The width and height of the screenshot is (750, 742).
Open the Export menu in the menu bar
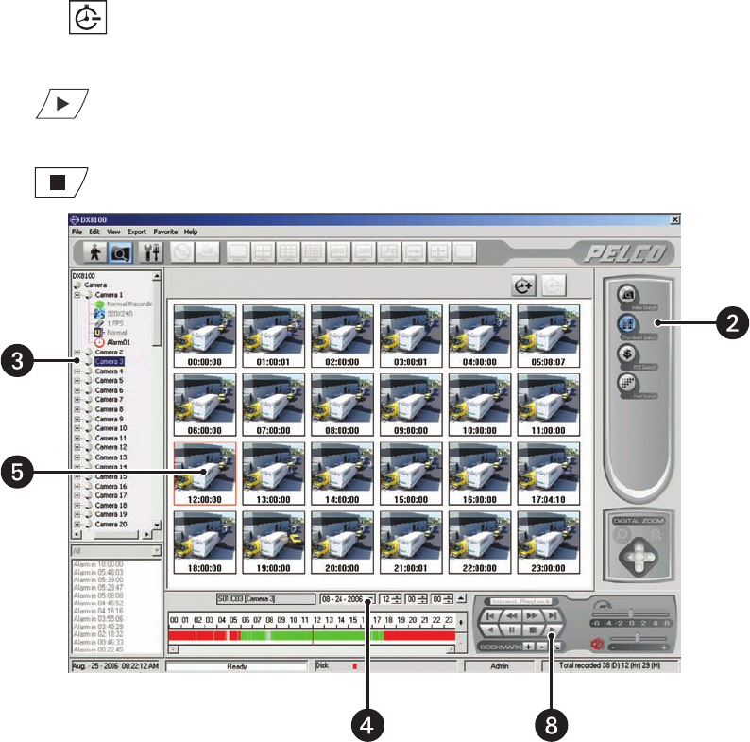pyautogui.click(x=136, y=232)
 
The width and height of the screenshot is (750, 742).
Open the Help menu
pyautogui.click(x=191, y=232)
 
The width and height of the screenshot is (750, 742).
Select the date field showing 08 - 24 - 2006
pyautogui.click(x=344, y=598)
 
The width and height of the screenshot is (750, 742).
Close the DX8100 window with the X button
pyautogui.click(x=674, y=219)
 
